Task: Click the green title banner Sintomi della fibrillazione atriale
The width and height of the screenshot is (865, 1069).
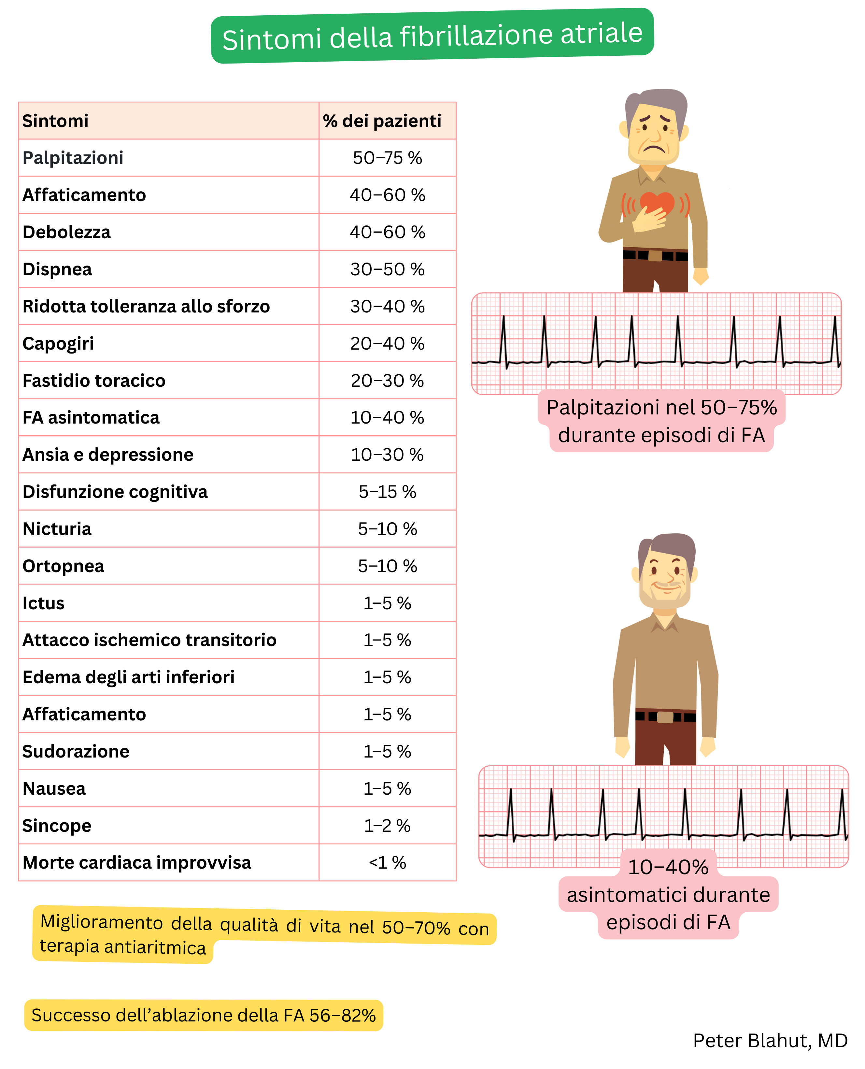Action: (x=432, y=36)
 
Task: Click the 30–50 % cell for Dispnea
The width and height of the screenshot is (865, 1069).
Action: (x=387, y=269)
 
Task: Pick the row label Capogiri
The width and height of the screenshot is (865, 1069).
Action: (x=58, y=343)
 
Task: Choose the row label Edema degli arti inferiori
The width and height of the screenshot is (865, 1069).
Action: (x=129, y=677)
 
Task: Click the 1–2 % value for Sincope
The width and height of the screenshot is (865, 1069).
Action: (x=387, y=826)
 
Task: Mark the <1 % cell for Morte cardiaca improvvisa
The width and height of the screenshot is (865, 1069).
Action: (x=387, y=863)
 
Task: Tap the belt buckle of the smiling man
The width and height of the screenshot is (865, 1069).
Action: (x=665, y=717)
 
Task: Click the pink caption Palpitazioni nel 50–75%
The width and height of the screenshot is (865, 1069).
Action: (x=661, y=408)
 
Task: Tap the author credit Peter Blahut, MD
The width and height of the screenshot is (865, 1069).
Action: (x=770, y=1041)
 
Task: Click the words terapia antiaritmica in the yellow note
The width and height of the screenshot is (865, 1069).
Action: (x=122, y=947)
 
